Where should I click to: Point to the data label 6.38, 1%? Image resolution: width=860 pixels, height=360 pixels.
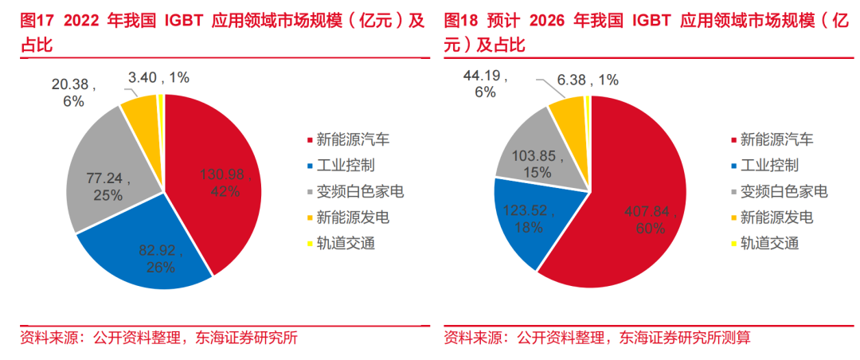[588, 79]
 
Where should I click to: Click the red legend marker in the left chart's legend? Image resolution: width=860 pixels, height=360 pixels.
[310, 142]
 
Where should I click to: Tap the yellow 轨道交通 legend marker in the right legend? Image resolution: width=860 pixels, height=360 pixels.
[734, 244]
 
